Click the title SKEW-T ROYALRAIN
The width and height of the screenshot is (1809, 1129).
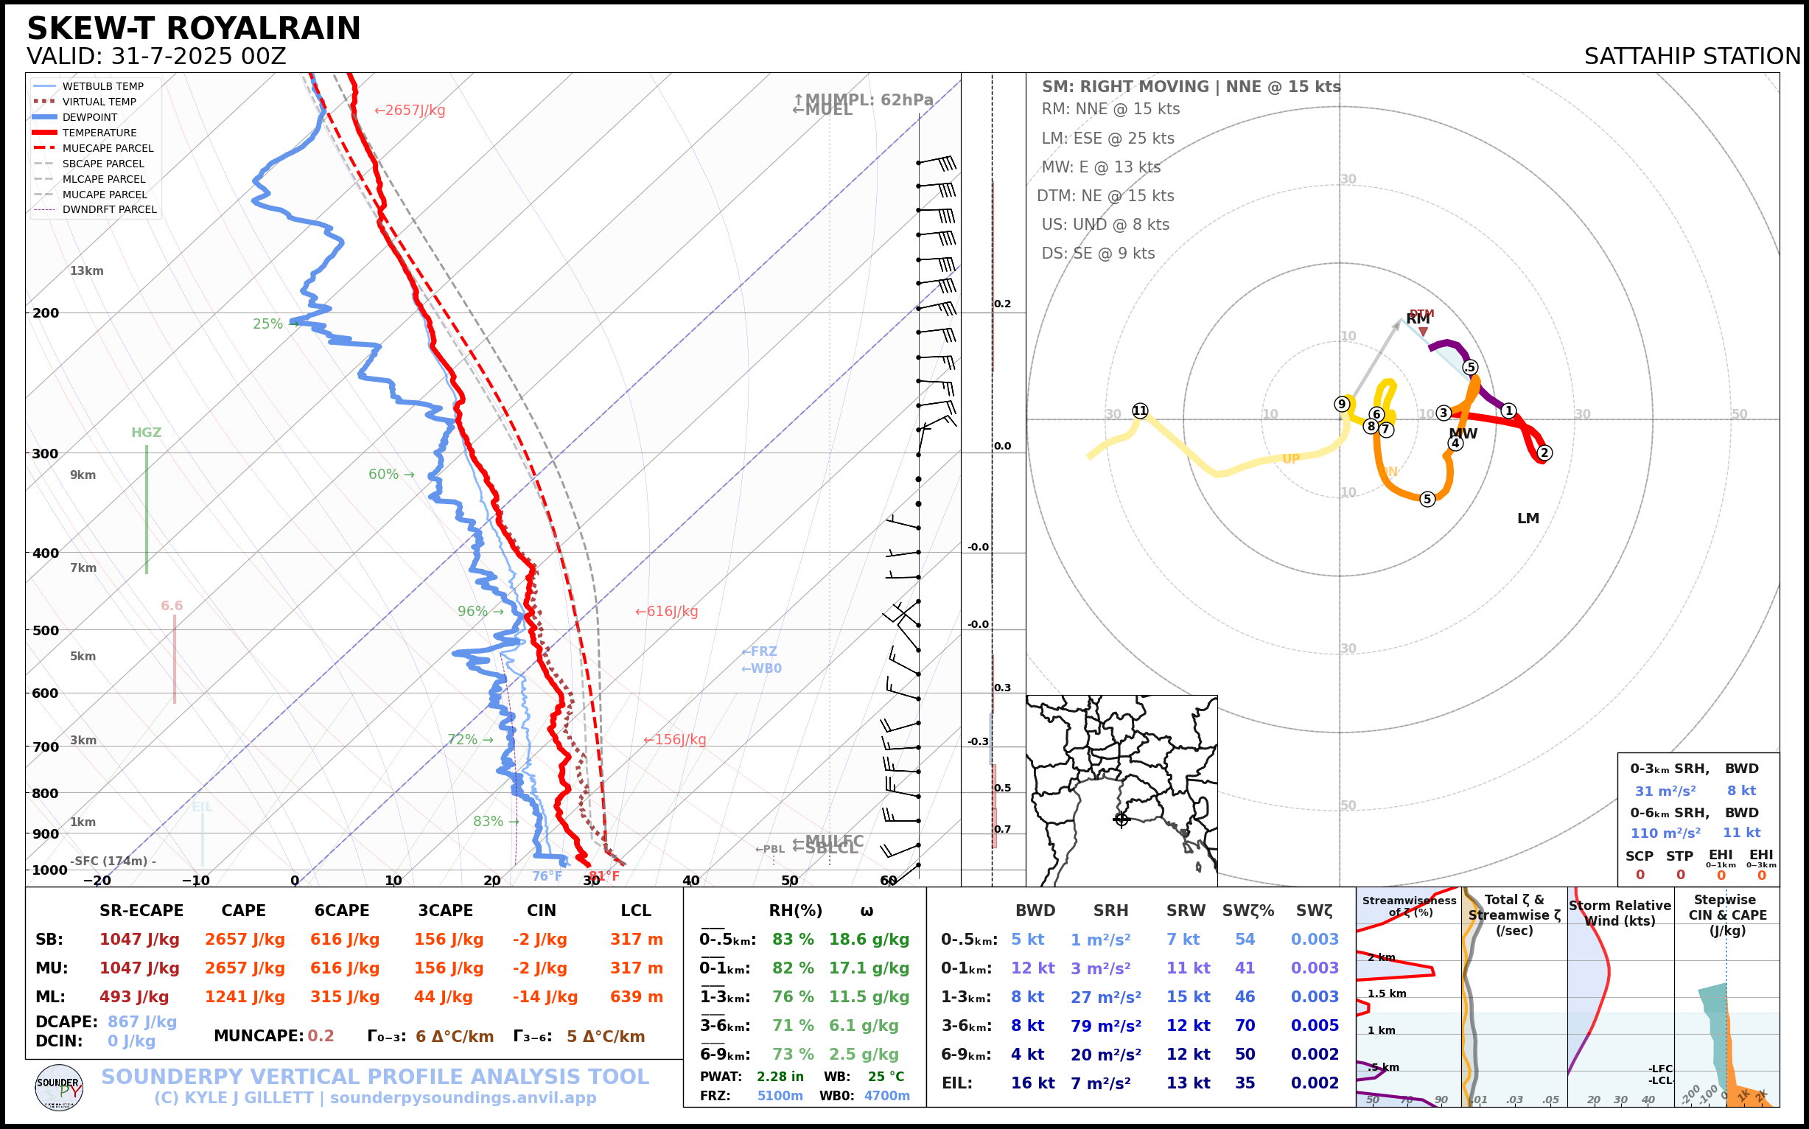[193, 29]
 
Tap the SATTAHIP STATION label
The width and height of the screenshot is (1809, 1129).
[1692, 57]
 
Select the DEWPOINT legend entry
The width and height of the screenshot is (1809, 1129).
[90, 117]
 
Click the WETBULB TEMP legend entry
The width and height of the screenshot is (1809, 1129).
[102, 87]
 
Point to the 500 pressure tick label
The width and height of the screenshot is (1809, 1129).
[46, 630]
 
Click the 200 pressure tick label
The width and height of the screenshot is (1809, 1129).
[46, 313]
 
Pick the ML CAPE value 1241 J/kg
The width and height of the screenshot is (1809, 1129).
[245, 997]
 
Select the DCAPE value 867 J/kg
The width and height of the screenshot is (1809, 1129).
[142, 1021]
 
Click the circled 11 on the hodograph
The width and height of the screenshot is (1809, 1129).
[1139, 410]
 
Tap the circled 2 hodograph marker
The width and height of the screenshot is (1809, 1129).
[1544, 452]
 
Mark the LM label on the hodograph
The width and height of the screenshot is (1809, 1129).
[1528, 518]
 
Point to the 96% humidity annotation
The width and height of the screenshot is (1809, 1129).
[472, 612]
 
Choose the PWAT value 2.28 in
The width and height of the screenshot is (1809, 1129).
[780, 1077]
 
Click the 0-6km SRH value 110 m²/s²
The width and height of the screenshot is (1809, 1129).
[1665, 833]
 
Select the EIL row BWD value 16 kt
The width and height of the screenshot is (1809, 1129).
[1032, 1083]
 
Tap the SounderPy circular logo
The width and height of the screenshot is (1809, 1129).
[59, 1088]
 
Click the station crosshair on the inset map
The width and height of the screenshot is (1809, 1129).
[1121, 819]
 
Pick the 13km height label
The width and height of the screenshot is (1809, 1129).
[87, 271]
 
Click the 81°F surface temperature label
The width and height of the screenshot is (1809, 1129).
[604, 876]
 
